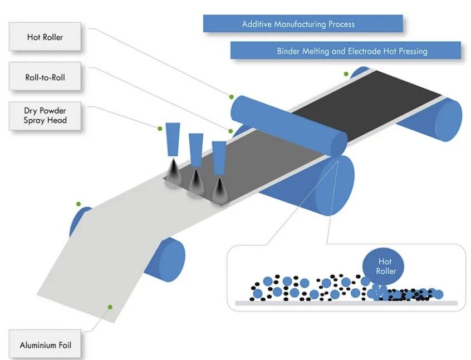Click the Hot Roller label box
pyautogui.click(x=45, y=38)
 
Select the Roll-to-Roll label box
pyautogui.click(x=45, y=77)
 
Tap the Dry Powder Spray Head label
pyautogui.click(x=45, y=115)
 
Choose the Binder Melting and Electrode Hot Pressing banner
pyautogui.click(x=346, y=51)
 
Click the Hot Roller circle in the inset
pyautogui.click(x=385, y=266)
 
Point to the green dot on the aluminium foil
pyautogui.click(x=110, y=307)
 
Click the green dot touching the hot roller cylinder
pyautogui.click(x=231, y=96)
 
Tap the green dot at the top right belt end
pyautogui.click(x=346, y=73)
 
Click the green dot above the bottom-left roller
pyautogui.click(x=79, y=204)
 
